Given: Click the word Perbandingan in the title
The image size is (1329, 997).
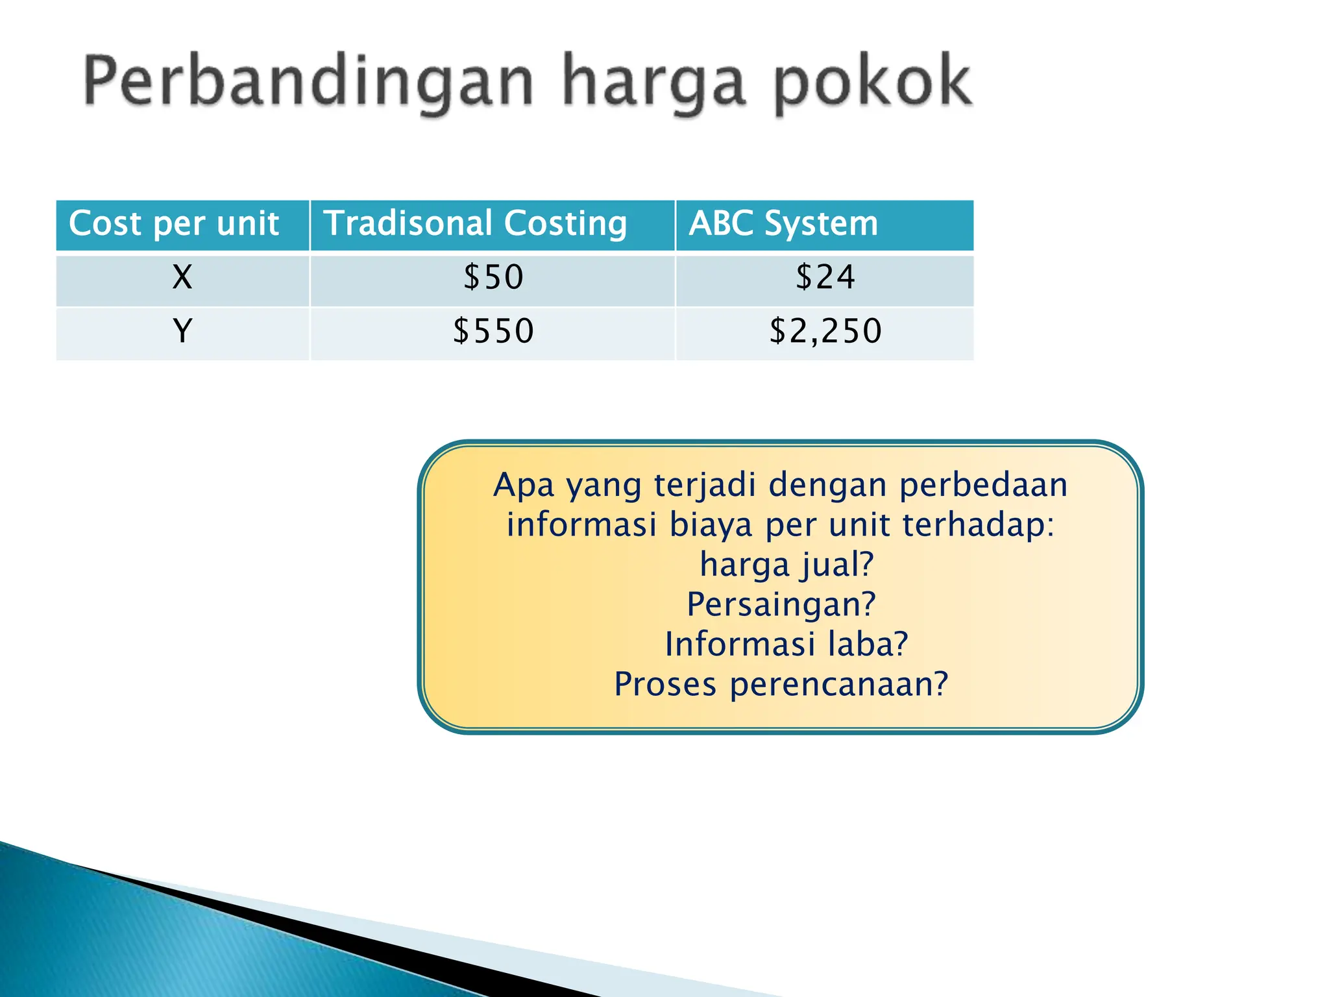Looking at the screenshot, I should [x=308, y=83].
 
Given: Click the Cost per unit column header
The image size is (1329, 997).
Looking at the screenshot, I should [x=174, y=224].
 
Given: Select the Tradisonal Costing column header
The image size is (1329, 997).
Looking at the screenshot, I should [x=475, y=224].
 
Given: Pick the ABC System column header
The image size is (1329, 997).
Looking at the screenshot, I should [x=783, y=224].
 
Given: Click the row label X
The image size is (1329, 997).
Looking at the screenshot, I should [x=182, y=278].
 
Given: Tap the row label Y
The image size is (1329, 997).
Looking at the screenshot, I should [x=182, y=331].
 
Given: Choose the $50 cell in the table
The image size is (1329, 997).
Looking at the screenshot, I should [x=493, y=278].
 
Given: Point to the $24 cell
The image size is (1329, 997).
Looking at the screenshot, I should [x=825, y=278].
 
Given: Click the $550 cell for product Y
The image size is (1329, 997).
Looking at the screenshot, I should [x=493, y=331].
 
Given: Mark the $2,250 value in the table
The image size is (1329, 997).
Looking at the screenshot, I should [x=825, y=331].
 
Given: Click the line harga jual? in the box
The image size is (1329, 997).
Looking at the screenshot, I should [x=786, y=565].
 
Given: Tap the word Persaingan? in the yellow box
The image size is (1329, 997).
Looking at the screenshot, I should [x=781, y=604].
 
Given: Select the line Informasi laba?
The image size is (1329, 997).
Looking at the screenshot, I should [x=786, y=645].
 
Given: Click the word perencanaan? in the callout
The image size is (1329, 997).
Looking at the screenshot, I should [x=838, y=685].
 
